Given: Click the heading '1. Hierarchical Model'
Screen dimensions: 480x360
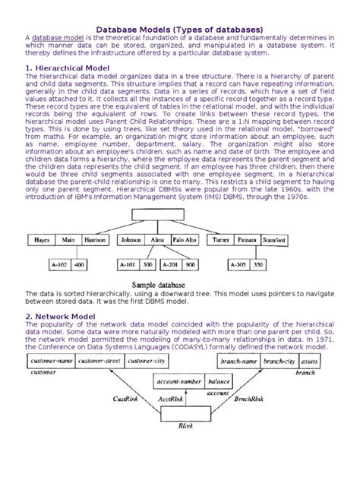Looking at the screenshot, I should pyautogui.click(x=69, y=67).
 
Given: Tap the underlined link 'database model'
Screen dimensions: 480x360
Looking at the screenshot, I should pyautogui.click(x=57, y=37).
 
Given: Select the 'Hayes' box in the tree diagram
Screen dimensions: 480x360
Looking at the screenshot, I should pyautogui.click(x=43, y=241).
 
